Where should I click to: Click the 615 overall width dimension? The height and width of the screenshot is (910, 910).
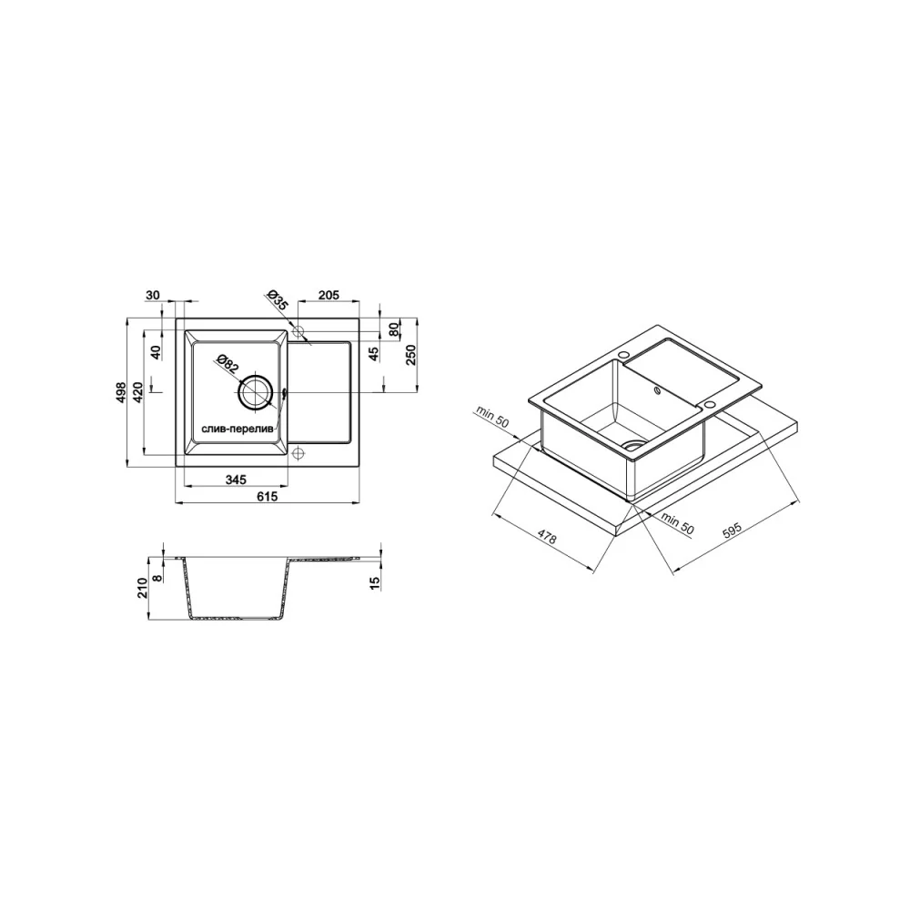268,497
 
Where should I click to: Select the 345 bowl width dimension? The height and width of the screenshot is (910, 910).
236,480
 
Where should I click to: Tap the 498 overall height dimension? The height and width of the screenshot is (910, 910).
121,392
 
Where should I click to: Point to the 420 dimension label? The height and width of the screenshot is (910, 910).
138,392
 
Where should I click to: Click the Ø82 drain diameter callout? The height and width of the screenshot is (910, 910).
227,364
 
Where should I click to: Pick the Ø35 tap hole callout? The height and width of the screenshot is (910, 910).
277,300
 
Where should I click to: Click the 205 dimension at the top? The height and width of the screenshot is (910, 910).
329,296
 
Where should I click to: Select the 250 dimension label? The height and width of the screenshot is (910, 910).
410,355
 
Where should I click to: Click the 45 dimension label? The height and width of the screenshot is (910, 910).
374,353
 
